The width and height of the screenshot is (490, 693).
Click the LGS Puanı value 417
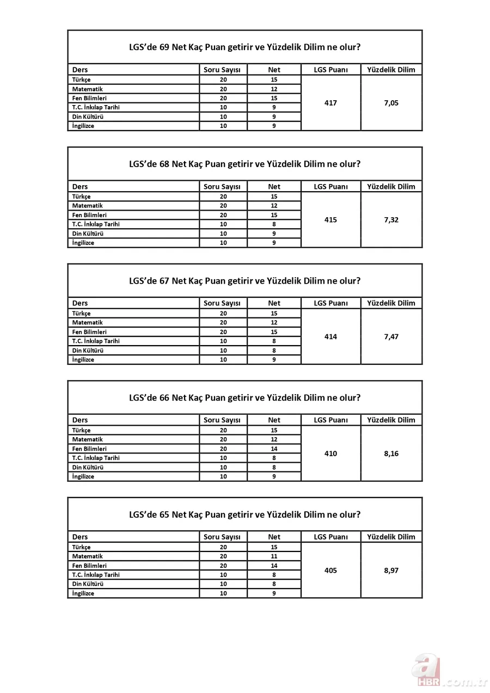click(330, 103)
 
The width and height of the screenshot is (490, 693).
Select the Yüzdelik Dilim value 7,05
click(391, 103)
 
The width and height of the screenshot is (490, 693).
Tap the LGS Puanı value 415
click(330, 220)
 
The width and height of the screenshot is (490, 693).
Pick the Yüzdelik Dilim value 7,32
click(391, 220)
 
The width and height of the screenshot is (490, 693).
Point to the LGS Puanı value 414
click(330, 336)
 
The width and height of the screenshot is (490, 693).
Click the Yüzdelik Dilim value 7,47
click(391, 336)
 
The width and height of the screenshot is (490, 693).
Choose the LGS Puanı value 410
click(330, 453)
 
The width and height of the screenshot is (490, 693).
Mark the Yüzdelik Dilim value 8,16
click(391, 453)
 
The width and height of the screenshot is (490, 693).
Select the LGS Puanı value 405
click(330, 571)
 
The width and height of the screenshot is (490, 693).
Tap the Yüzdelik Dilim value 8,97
click(391, 571)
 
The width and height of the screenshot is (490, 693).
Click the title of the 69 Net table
click(244, 47)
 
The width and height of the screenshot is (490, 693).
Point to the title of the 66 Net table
click(244, 397)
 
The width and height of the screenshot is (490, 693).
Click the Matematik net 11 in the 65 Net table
click(274, 556)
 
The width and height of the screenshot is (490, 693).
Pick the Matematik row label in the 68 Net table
click(88, 206)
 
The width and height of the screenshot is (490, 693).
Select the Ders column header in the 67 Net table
click(80, 303)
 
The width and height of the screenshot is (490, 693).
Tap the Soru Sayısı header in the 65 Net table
click(222, 537)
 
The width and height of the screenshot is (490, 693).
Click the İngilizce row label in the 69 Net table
click(83, 126)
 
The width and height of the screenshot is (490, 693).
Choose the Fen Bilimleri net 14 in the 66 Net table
click(274, 449)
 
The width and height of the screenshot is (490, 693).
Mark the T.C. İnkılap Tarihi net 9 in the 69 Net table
click(274, 107)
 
